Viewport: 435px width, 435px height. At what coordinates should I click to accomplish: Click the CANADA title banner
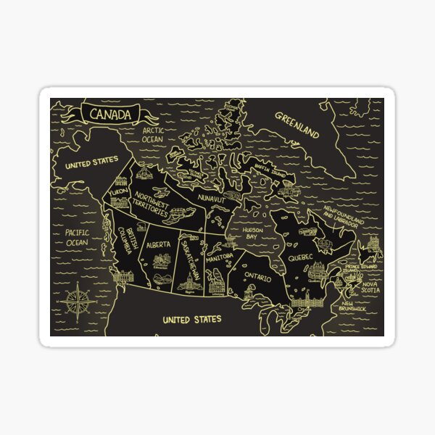tap(110, 115)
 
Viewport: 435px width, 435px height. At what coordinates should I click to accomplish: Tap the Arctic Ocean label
tap(153, 135)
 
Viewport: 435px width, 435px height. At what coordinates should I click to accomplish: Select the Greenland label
tap(297, 124)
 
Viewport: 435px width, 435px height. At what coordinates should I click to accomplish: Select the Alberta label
tap(158, 245)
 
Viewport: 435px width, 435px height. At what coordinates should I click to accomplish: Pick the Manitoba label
tap(219, 257)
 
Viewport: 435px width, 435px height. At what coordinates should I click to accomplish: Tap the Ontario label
tap(257, 278)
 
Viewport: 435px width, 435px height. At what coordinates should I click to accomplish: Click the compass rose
tap(78, 299)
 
